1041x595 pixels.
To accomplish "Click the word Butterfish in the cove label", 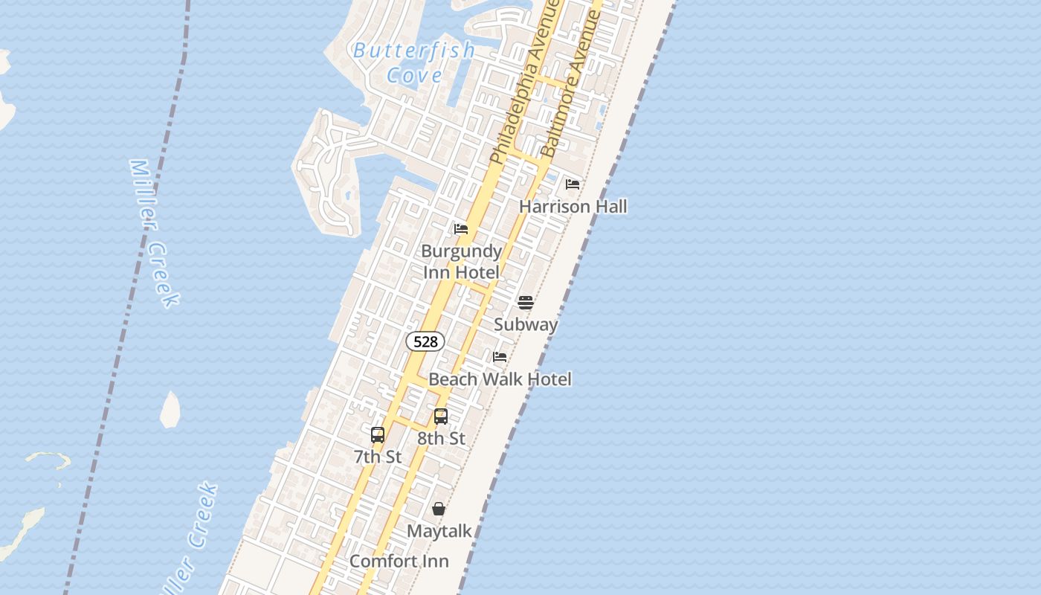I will click(x=414, y=51).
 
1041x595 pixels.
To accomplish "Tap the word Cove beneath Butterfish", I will click(x=414, y=75).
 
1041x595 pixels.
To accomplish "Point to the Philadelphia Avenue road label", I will click(x=524, y=82).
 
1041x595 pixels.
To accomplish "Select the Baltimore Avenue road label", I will click(x=571, y=83).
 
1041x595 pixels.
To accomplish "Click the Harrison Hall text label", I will click(x=573, y=206).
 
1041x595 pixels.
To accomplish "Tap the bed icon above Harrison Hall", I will click(x=573, y=184).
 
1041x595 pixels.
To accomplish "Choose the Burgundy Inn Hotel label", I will click(x=462, y=262).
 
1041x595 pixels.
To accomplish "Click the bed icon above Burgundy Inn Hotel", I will click(x=461, y=228).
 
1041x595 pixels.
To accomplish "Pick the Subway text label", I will click(x=526, y=324).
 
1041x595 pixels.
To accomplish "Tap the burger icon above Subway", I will click(x=526, y=302).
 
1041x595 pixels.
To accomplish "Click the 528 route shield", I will click(x=425, y=341).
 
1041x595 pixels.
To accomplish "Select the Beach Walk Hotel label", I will click(x=500, y=379).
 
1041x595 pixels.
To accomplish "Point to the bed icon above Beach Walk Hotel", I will click(x=500, y=357).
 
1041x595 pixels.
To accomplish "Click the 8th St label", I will click(x=441, y=438).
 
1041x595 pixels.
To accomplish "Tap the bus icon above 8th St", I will click(x=441, y=416).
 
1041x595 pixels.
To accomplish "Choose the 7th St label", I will click(x=378, y=457).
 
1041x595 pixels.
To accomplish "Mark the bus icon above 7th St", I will click(x=378, y=435).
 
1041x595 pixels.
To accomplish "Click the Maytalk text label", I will click(x=439, y=531).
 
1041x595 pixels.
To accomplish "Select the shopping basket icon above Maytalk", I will click(x=439, y=509).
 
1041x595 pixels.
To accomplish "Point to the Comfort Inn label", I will click(x=399, y=561).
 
